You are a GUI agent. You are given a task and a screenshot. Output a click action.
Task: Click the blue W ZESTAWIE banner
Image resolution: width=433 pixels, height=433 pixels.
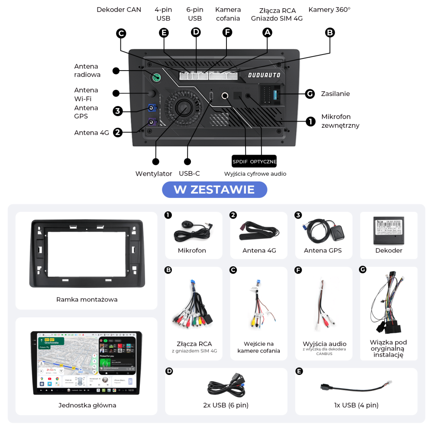pyautogui.click(x=214, y=190)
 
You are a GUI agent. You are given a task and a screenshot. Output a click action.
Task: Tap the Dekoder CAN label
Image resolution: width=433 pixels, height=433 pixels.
pyautogui.click(x=119, y=10)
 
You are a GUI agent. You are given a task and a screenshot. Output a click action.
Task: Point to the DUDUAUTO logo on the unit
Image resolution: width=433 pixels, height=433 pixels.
pyautogui.click(x=264, y=75)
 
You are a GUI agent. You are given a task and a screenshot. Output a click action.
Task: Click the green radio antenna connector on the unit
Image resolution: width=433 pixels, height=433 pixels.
pyautogui.click(x=155, y=78)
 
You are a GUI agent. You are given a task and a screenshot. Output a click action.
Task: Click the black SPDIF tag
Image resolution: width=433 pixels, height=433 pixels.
pyautogui.click(x=240, y=162)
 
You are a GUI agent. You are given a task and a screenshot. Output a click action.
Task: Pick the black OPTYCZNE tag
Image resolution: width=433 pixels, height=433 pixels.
pyautogui.click(x=263, y=162)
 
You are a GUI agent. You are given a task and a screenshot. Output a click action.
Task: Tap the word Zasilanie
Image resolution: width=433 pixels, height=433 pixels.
pyautogui.click(x=335, y=94)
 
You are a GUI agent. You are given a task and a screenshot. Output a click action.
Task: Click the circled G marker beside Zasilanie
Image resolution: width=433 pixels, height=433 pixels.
pyautogui.click(x=309, y=94)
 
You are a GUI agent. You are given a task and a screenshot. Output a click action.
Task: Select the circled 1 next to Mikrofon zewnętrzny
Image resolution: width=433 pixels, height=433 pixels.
pyautogui.click(x=310, y=122)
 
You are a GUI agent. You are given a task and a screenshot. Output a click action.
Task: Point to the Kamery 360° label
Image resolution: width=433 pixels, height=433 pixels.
pyautogui.click(x=329, y=10)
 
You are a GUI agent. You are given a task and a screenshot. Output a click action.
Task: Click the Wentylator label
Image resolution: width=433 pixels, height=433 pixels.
pyautogui.click(x=154, y=174)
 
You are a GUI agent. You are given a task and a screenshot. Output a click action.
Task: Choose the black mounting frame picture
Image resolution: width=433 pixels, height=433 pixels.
pyautogui.click(x=87, y=253)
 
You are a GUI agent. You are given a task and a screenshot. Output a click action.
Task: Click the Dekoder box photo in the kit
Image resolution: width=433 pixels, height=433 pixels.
pyautogui.click(x=388, y=230)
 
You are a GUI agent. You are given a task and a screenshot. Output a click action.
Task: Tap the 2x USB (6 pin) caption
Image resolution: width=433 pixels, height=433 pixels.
pyautogui.click(x=226, y=405)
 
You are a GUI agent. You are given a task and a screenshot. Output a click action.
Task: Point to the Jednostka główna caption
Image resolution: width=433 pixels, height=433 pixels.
pyautogui.click(x=87, y=405)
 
